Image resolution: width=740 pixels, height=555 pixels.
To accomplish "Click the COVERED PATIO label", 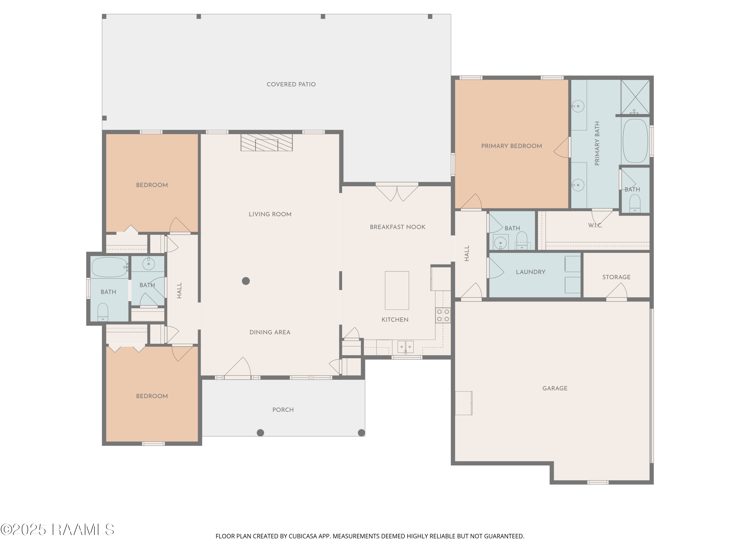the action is [x=291, y=84].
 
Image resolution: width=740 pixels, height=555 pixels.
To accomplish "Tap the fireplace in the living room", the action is [x=267, y=143].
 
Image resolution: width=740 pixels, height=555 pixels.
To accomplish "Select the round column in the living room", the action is [x=246, y=281].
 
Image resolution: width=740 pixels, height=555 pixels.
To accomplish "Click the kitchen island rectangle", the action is [x=397, y=290].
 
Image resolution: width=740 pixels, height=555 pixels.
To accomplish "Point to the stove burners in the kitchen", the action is [x=443, y=315].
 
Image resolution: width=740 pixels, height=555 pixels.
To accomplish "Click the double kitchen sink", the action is [x=406, y=347].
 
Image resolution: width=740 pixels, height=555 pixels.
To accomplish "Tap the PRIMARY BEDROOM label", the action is [x=512, y=146].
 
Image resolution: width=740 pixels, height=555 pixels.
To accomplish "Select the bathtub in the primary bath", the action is [x=635, y=141].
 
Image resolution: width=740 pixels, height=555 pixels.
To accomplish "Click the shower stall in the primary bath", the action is [x=635, y=97].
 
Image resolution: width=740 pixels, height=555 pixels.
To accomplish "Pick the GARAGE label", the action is [x=555, y=388].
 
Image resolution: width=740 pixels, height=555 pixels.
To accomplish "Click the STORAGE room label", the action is [x=616, y=277].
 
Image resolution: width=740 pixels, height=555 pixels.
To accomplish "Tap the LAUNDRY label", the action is [x=531, y=272].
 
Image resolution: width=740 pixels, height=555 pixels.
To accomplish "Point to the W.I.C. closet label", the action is [x=595, y=225].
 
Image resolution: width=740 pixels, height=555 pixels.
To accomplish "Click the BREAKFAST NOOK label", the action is [x=397, y=227].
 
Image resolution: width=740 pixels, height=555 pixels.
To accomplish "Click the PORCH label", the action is [x=283, y=410].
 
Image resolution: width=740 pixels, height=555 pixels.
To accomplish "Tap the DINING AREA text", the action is [x=270, y=332].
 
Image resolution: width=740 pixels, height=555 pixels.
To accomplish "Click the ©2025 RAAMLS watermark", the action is [x=57, y=530].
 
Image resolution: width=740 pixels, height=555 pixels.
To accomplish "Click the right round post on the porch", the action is [x=361, y=433].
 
